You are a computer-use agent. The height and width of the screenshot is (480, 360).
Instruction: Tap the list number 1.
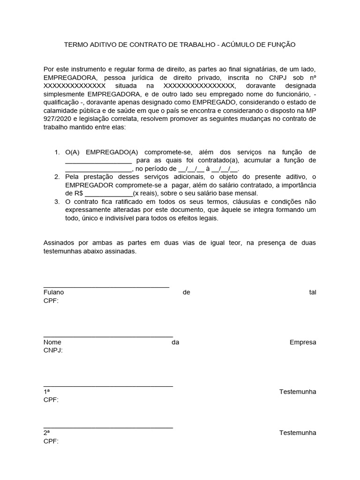tap(57, 152)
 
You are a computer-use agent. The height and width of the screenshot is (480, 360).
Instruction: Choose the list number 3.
tap(57, 202)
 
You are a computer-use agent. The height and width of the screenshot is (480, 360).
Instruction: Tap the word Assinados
tap(60, 243)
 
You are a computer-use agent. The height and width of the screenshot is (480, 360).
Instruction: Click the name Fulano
tap(53, 292)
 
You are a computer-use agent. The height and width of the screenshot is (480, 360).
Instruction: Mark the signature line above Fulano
tap(106, 286)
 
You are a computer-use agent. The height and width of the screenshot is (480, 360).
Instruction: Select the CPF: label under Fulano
tap(51, 300)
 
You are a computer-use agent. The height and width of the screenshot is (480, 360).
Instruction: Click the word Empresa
tap(303, 342)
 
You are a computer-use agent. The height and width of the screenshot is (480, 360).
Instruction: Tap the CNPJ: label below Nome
tap(53, 350)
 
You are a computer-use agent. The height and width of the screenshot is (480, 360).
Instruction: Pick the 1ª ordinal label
tap(46, 392)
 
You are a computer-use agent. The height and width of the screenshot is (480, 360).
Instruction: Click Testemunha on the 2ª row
tap(298, 433)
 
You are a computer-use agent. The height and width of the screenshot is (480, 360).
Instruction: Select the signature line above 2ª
tap(108, 427)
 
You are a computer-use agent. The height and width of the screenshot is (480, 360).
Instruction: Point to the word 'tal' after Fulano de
tap(312, 292)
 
